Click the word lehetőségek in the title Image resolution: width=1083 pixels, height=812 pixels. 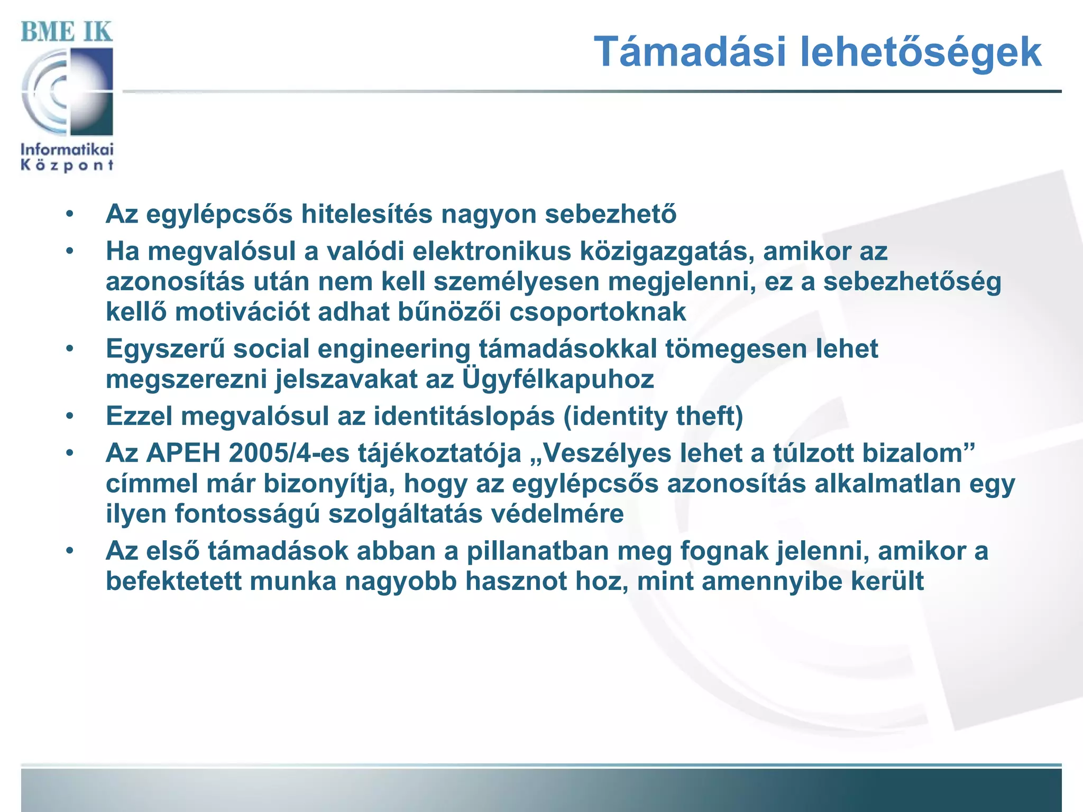click(x=920, y=52)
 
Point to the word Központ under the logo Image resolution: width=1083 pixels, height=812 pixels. click(x=67, y=165)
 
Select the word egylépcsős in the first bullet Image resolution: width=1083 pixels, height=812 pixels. click(x=219, y=215)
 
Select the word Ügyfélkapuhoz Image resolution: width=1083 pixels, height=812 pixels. click(x=558, y=380)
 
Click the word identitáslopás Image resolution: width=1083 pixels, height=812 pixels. click(x=464, y=417)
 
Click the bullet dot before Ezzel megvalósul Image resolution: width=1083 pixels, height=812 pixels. click(x=69, y=417)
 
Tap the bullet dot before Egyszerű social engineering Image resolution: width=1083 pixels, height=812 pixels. click(x=69, y=349)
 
